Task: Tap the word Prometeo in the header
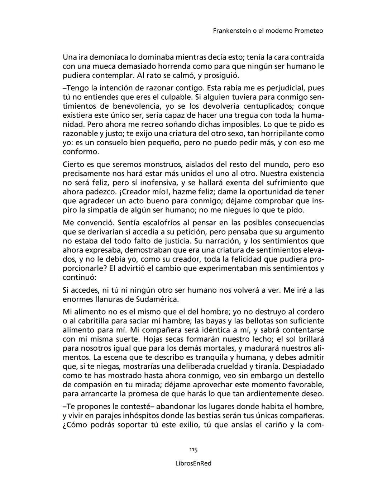coord(308,31)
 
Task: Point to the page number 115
coord(193,450)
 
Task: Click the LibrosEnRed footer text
coord(193,463)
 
